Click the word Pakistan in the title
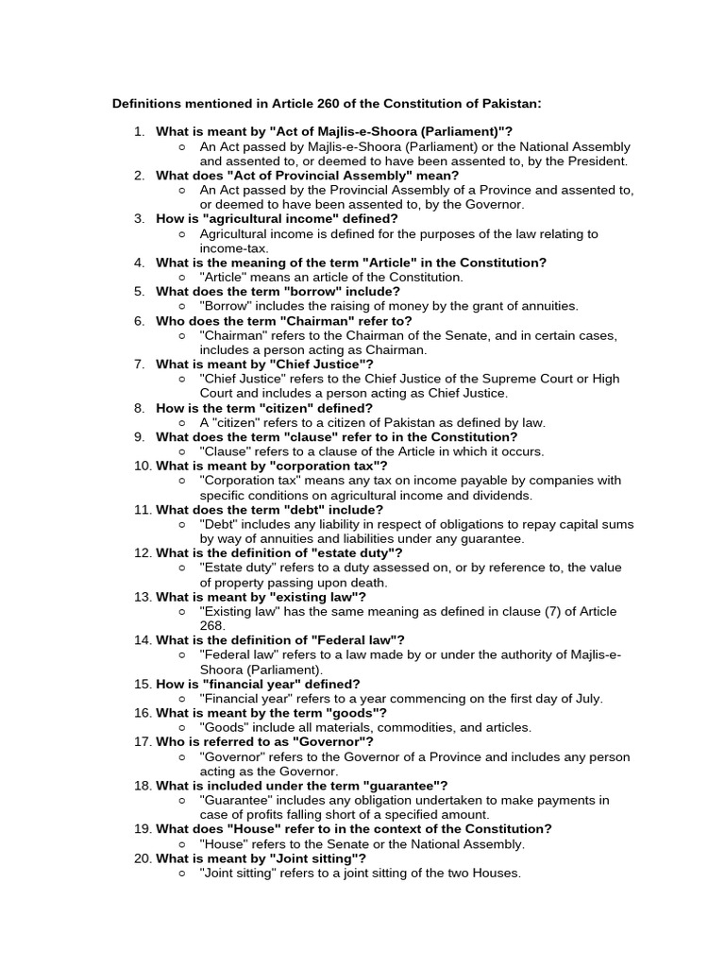click(x=514, y=102)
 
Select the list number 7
click(x=139, y=364)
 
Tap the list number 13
click(x=143, y=597)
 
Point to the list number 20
click(x=143, y=858)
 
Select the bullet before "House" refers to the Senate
click(x=182, y=844)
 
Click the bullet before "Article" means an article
click(x=182, y=278)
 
